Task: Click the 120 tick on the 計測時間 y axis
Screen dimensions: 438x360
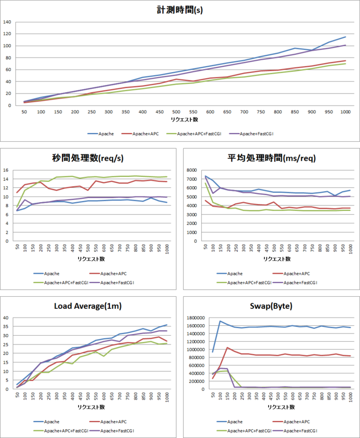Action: click(x=8, y=34)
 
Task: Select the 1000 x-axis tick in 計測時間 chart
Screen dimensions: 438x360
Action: click(x=345, y=112)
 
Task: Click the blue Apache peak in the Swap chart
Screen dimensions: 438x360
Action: click(x=220, y=321)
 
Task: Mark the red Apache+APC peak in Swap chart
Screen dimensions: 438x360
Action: click(x=227, y=348)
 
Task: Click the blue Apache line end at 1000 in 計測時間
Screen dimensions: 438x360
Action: click(x=345, y=37)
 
